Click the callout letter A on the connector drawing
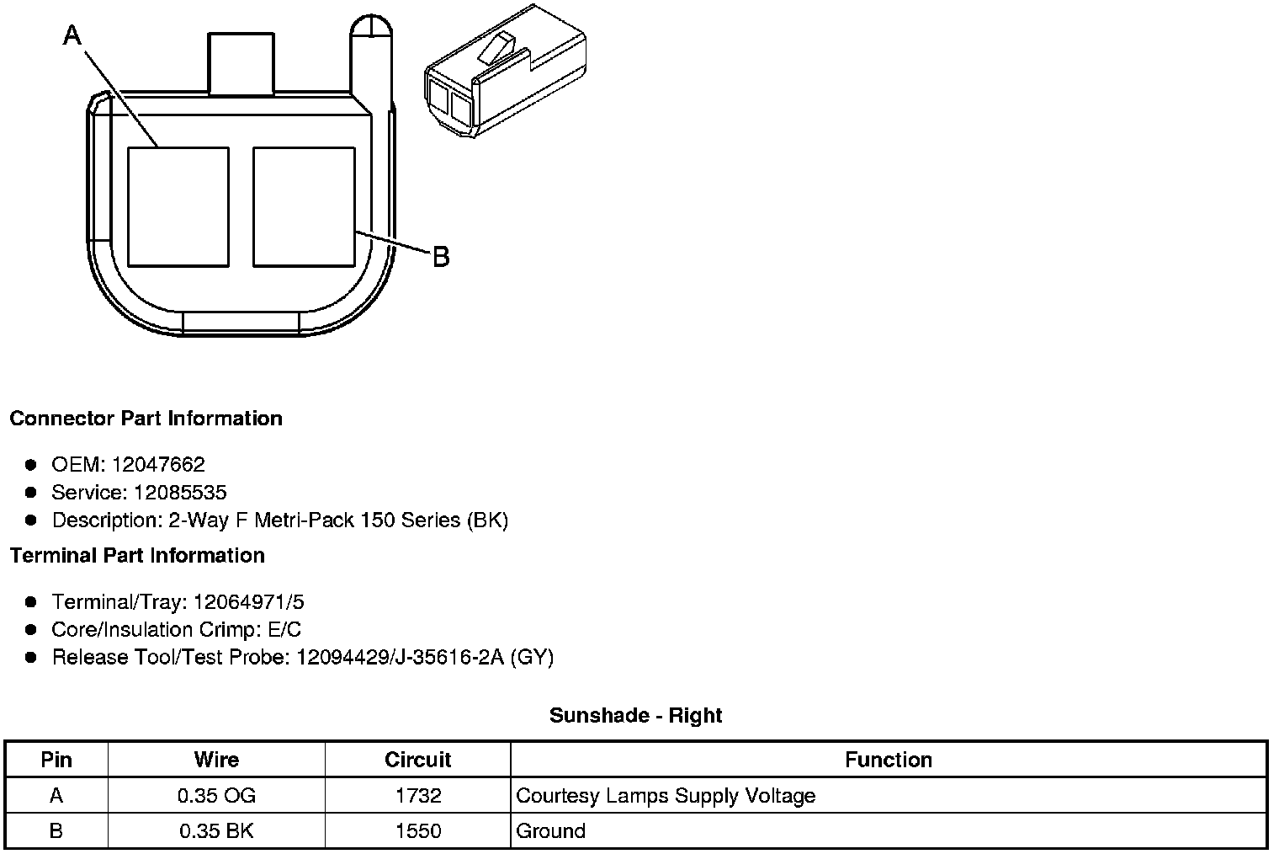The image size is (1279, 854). (73, 35)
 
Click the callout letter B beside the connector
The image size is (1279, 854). (441, 256)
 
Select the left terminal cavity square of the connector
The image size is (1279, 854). (178, 206)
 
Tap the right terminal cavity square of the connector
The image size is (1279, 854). (304, 206)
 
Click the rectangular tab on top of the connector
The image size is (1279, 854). (241, 64)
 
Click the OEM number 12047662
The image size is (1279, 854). (157, 464)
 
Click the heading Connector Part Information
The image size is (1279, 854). (146, 419)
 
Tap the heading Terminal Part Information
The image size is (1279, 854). (137, 556)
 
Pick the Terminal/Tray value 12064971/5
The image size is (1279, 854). (248, 602)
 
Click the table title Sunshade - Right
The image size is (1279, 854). (635, 716)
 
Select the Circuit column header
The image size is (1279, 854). (417, 760)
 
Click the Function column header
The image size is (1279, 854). (888, 760)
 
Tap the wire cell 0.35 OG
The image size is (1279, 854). (216, 796)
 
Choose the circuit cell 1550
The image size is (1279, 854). (417, 831)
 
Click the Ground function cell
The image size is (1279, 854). (550, 831)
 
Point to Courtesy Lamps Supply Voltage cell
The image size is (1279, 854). (666, 796)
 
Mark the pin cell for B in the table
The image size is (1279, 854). (56, 831)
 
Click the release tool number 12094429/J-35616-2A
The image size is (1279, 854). (400, 657)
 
